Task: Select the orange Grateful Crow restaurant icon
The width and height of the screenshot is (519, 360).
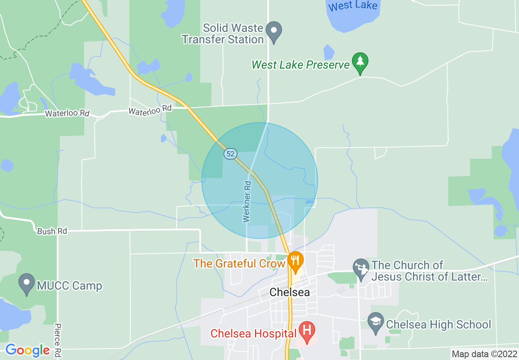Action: point(295,261)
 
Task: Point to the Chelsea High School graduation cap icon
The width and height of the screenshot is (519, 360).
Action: point(375,322)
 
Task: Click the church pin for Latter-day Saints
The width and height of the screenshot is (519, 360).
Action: point(361,268)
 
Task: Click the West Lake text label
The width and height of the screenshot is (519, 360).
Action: point(352,6)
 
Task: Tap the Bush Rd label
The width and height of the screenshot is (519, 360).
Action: point(52,231)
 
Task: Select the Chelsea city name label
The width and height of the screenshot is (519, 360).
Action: point(289,292)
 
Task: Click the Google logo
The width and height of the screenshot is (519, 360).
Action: point(27,350)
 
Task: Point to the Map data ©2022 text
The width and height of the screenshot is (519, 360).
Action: point(484,354)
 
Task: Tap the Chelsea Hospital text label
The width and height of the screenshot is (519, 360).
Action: point(253,333)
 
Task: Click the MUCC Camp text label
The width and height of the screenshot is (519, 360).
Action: point(69,286)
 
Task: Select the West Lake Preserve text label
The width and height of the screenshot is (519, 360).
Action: point(301,65)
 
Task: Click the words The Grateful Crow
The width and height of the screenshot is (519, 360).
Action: point(239,263)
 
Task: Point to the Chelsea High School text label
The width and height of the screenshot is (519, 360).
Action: point(438,324)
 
